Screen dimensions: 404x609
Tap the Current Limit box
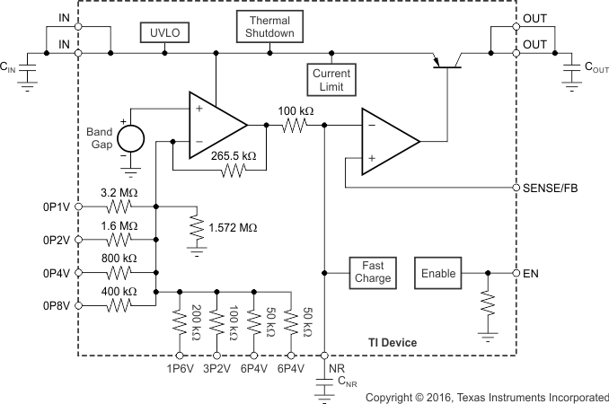(x=331, y=79)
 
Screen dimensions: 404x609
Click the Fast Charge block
(x=373, y=272)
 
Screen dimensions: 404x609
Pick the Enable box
(x=439, y=273)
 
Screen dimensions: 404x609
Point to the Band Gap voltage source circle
(x=131, y=138)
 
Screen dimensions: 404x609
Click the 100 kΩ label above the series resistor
(x=296, y=111)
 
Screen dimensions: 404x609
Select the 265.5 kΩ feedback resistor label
(x=234, y=155)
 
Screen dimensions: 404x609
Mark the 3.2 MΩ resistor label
(x=119, y=193)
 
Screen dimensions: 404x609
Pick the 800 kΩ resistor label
(x=119, y=259)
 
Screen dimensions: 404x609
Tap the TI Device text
(x=394, y=343)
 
